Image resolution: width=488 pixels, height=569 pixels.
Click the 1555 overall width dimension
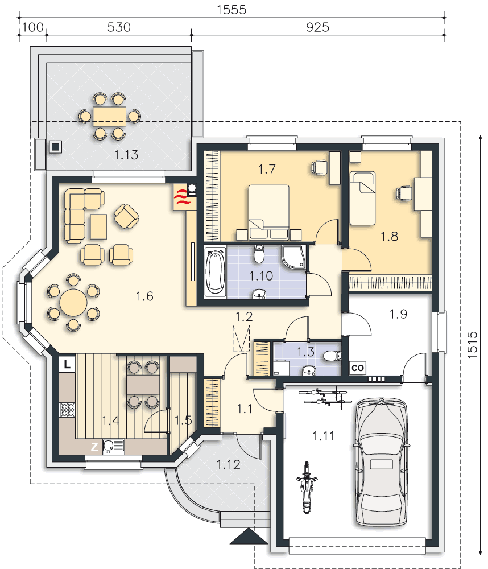(231, 10)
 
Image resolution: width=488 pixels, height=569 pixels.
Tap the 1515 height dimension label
(472, 345)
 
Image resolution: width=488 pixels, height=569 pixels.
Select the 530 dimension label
(119, 27)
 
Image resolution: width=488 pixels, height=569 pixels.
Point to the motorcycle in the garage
(307, 488)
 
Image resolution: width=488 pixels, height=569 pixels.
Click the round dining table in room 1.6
(73, 303)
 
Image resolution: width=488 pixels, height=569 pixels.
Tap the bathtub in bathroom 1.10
(215, 272)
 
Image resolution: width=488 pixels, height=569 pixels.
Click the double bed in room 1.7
(269, 212)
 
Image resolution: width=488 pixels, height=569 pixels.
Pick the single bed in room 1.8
(362, 198)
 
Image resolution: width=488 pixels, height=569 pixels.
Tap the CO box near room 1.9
(358, 368)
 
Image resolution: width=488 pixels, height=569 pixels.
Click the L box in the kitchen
(67, 364)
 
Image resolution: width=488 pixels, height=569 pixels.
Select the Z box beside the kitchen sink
(94, 446)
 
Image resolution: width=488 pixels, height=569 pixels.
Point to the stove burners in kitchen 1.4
(68, 410)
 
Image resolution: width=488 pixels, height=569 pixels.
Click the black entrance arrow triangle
(249, 536)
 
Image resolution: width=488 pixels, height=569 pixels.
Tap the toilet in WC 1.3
(332, 356)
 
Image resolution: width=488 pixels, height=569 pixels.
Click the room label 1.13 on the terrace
(126, 155)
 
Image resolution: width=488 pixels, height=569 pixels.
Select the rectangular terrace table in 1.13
(110, 117)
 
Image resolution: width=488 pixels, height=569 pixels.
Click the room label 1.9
(398, 314)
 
